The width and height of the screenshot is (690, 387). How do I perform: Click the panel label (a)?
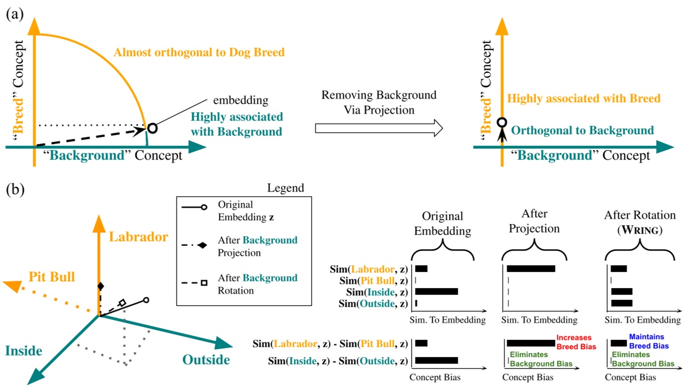tap(15, 14)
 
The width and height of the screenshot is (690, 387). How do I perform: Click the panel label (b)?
tap(15, 189)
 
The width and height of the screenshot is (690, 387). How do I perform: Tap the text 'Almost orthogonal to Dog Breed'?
tap(199, 52)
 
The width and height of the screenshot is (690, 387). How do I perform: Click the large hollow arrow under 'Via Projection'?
tap(379, 128)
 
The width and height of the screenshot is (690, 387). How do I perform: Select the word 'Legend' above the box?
tap(286, 188)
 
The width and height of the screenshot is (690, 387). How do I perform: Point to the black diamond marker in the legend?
tap(202, 245)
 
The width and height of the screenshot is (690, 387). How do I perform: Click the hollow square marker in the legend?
tap(204, 282)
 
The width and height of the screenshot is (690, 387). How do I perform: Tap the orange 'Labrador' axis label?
tap(138, 237)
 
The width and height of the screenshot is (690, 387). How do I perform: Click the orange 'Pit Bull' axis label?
tap(52, 276)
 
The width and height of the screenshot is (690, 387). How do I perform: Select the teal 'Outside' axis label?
tap(206, 360)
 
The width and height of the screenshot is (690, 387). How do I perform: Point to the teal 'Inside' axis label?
tap(24, 351)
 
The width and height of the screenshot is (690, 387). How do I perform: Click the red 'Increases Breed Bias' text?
tap(576, 342)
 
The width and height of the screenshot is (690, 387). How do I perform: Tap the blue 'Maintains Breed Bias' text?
tap(649, 341)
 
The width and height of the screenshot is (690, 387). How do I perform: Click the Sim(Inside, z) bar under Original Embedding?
tap(437, 291)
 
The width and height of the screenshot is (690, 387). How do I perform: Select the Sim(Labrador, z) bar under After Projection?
tap(531, 269)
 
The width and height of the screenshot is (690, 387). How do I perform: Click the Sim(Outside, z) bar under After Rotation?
tap(622, 303)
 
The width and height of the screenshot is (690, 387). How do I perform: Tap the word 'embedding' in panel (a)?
tap(241, 100)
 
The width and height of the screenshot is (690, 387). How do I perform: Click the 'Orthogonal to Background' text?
tap(582, 130)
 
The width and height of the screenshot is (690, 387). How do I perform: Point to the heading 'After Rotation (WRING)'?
tap(640, 222)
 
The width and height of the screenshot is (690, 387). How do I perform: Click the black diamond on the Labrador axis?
tap(101, 286)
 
